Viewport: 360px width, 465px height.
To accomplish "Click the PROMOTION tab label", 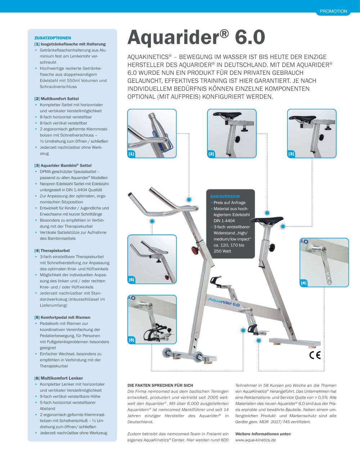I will (x=333, y=11).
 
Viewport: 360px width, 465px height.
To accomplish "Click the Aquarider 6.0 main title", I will (x=196, y=37).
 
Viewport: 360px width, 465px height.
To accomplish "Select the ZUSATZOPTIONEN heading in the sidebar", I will (x=53, y=38).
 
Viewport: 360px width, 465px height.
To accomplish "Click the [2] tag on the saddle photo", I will (x=211, y=154).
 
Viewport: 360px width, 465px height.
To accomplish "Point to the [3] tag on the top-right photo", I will (x=291, y=154).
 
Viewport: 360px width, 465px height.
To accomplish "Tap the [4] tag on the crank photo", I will (x=304, y=283).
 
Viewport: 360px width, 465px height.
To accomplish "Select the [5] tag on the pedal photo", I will (x=131, y=340).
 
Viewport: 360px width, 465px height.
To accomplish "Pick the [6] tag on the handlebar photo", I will (x=131, y=280).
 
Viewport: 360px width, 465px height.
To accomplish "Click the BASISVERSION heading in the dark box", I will (x=225, y=197).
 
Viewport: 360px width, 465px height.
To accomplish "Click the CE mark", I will (x=315, y=355).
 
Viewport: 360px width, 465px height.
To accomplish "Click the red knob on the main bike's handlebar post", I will (x=195, y=250).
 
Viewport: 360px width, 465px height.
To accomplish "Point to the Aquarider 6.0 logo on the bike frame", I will (x=224, y=302).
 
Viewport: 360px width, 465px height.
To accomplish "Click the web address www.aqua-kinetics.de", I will (x=256, y=440).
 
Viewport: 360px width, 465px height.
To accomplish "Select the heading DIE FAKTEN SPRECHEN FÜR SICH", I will (x=160, y=385).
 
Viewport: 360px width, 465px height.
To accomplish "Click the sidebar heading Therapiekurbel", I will (x=55, y=251).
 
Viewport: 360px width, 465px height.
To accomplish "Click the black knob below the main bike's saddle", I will (x=272, y=248).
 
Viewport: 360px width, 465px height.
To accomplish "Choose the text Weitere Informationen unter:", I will (x=263, y=434).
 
